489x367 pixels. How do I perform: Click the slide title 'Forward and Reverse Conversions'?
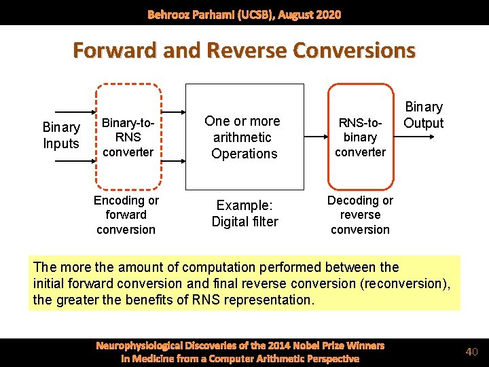point(244,51)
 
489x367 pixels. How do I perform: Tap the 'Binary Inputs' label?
point(61,135)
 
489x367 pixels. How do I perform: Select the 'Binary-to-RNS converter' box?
point(128,136)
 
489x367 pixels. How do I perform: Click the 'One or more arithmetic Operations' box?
point(244,137)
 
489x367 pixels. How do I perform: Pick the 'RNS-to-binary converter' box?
point(360,137)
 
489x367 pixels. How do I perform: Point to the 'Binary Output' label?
point(423,115)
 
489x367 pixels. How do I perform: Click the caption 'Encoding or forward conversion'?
point(126,215)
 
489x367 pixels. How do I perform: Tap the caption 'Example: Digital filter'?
point(244,213)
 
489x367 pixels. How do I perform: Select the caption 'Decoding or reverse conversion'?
point(360,215)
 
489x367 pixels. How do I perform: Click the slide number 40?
point(472,351)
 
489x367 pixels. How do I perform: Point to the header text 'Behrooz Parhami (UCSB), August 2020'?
point(244,14)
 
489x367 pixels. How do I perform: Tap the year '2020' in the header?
point(327,14)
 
